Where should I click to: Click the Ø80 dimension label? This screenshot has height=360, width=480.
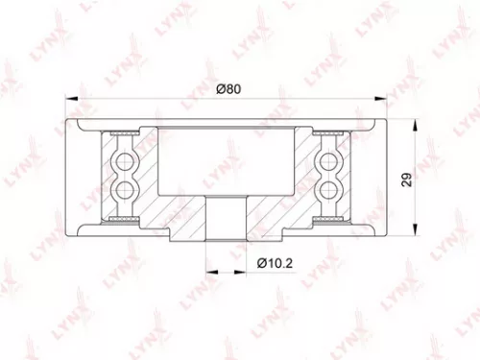click(x=227, y=89)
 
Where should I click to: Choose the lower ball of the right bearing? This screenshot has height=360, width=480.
click(x=327, y=190)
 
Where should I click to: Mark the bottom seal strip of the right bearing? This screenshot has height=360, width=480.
click(x=327, y=218)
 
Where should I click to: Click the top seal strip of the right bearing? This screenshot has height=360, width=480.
click(x=327, y=132)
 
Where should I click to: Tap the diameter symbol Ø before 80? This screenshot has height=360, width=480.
click(x=220, y=89)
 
